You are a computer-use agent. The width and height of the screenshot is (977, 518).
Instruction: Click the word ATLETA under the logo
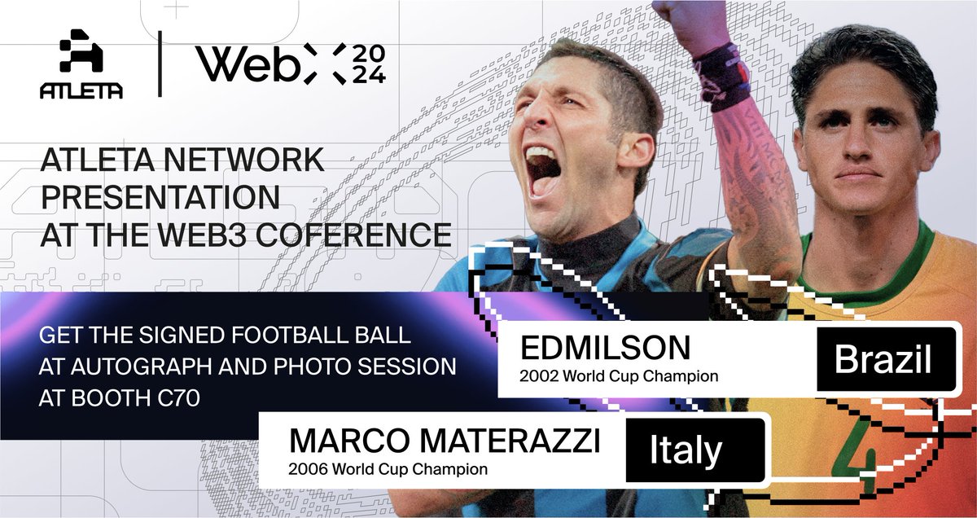tap(81, 92)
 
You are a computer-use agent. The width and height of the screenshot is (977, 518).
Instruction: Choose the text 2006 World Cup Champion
tap(389, 469)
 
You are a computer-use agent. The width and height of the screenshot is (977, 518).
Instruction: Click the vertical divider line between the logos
tap(159, 64)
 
